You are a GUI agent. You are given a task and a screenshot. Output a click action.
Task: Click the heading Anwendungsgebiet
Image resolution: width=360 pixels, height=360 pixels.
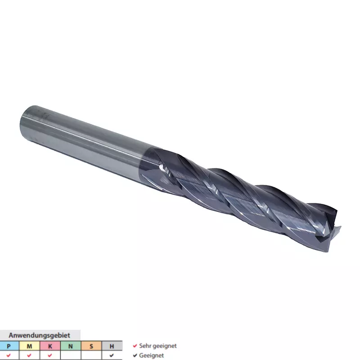tap(39, 335)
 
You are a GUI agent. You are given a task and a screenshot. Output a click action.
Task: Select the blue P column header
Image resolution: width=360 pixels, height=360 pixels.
tap(9, 346)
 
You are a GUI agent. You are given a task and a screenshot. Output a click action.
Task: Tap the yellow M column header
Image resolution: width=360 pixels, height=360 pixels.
tap(29, 346)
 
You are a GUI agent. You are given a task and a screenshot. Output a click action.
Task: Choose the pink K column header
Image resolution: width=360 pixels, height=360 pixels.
tap(50, 346)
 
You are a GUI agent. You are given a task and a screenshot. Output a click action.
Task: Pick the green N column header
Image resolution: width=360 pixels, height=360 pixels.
tap(71, 346)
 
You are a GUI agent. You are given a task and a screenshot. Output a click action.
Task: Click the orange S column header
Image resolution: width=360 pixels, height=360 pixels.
tap(91, 346)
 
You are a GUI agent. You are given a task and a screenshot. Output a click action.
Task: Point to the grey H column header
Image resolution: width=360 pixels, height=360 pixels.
tap(112, 346)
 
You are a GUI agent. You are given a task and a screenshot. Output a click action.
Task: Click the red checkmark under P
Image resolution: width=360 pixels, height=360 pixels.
tap(9, 355)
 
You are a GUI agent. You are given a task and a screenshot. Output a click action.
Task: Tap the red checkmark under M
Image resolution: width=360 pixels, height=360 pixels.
tap(29, 355)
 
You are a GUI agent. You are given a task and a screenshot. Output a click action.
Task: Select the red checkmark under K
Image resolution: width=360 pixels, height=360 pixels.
tap(50, 355)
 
